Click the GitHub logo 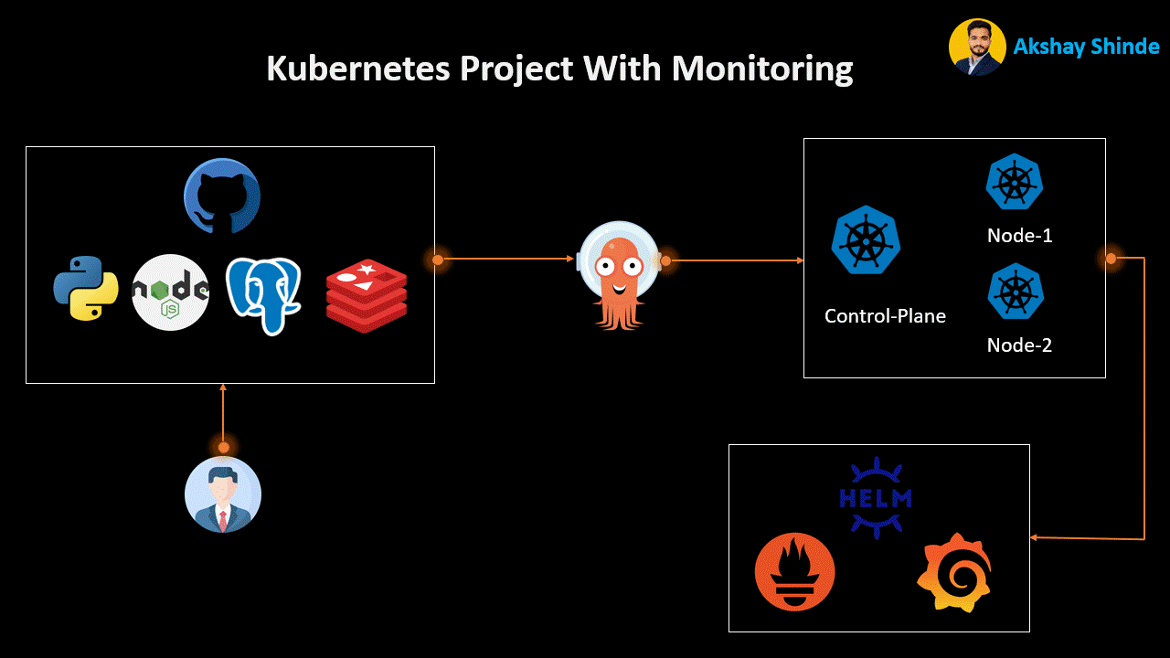point(222,197)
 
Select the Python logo point(86,289)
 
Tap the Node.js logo point(171,292)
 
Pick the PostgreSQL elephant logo point(264,294)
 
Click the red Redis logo point(366,296)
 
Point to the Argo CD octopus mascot point(619,274)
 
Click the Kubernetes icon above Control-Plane point(866,240)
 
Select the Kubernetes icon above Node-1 point(1015,182)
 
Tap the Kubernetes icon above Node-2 point(1016,292)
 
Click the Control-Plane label point(885,316)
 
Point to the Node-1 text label point(1020,236)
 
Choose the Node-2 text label point(1019,345)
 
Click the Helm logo point(876,498)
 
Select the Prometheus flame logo point(795,572)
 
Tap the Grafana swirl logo point(954,572)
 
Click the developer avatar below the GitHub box point(223,494)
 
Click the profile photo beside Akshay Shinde point(977,47)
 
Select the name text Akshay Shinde point(1086,47)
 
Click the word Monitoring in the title point(761,69)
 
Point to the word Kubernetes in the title point(358,69)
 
